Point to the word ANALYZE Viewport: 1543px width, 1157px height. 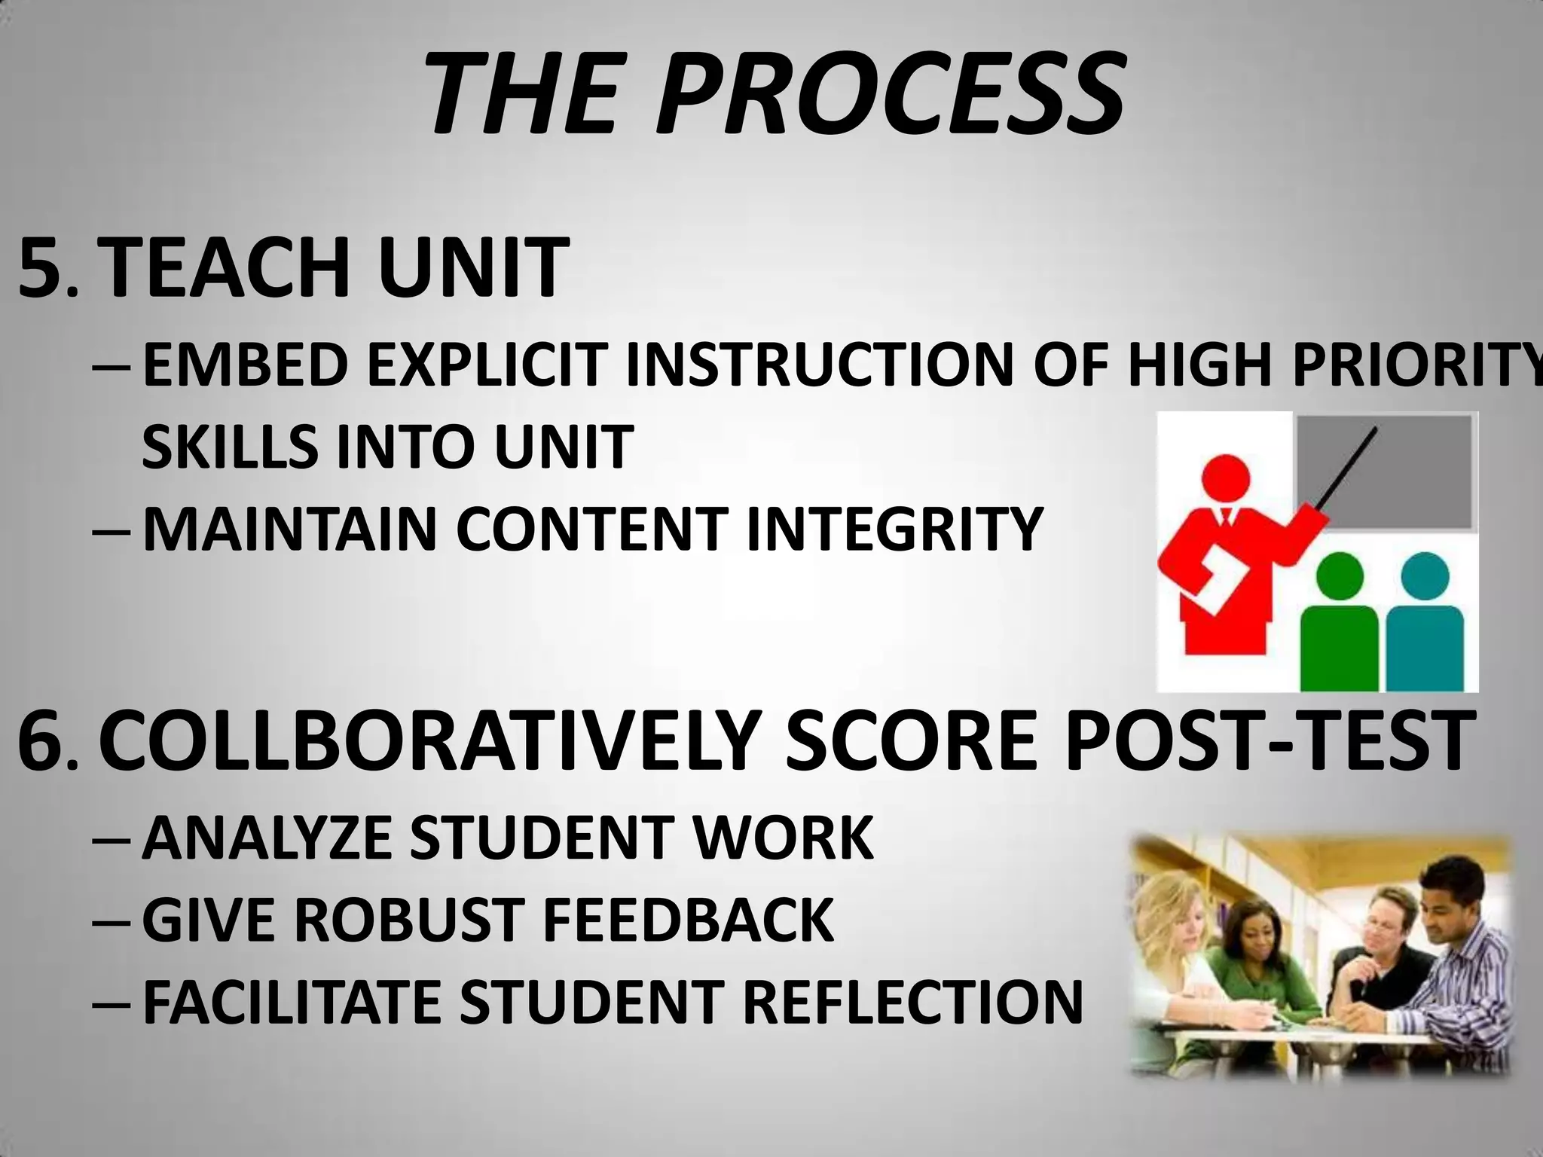(267, 838)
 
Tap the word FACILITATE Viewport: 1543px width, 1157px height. (291, 1002)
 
